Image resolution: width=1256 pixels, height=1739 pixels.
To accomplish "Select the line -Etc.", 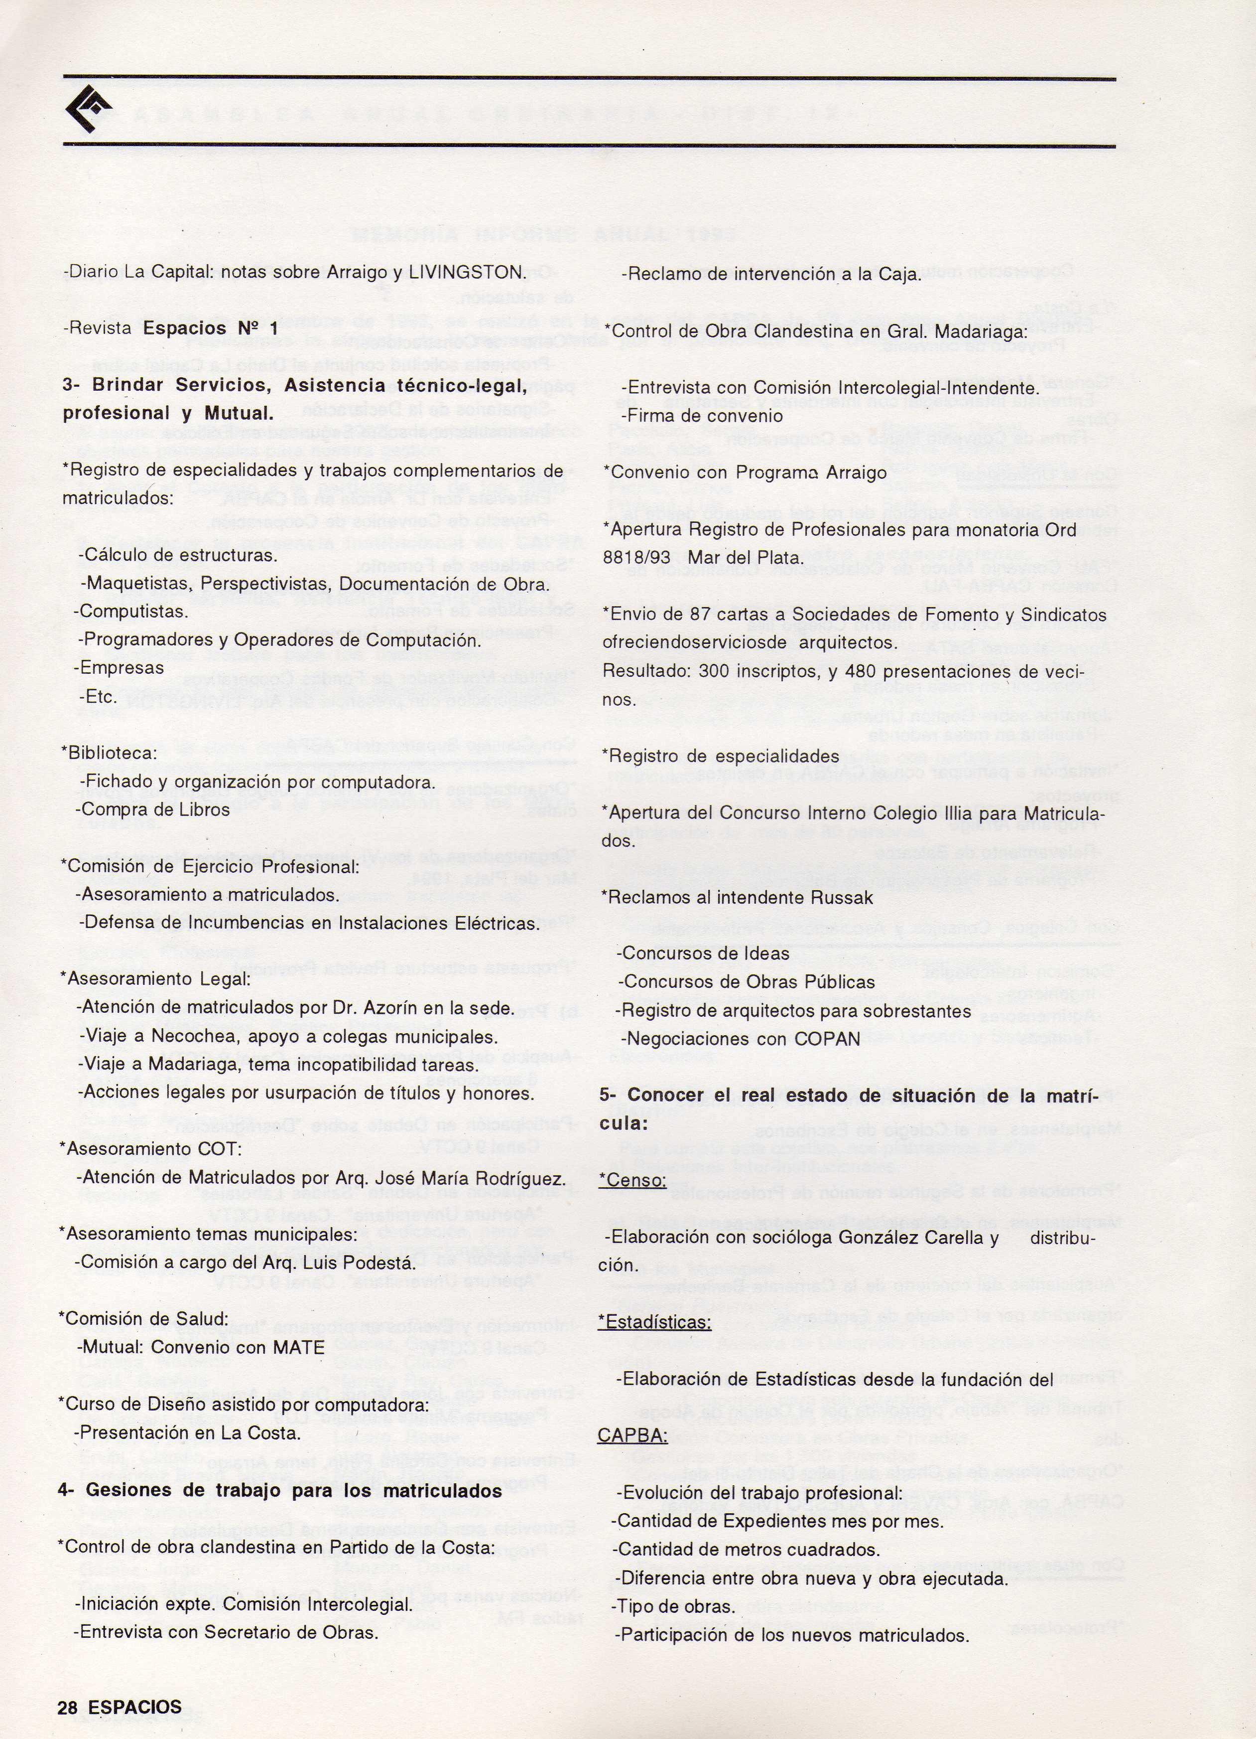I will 99,697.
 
